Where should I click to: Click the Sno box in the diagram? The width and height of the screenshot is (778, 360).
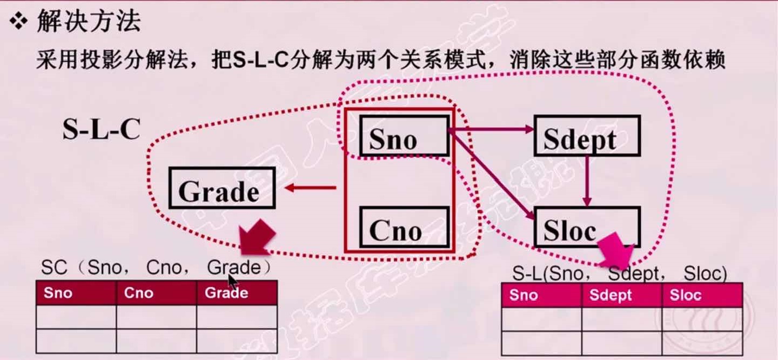click(x=404, y=137)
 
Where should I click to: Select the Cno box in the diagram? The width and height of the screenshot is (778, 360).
click(x=404, y=228)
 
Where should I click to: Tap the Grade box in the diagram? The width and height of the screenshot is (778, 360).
click(x=222, y=188)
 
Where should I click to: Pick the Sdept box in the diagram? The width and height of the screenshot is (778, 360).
click(x=587, y=135)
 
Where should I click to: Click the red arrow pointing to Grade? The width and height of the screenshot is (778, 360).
click(x=310, y=188)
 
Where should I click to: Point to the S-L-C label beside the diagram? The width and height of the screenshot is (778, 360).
click(x=102, y=131)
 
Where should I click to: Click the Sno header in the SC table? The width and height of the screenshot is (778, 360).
click(x=76, y=294)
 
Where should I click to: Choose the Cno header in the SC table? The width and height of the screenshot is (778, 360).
click(x=156, y=294)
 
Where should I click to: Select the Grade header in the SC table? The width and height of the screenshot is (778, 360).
click(x=237, y=294)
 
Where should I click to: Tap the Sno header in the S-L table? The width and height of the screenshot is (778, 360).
click(x=541, y=295)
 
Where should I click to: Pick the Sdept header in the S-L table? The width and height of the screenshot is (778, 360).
click(x=621, y=295)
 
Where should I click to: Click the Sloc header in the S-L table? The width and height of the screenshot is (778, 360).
click(x=702, y=295)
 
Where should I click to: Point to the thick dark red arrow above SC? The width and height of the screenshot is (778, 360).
click(x=256, y=238)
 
